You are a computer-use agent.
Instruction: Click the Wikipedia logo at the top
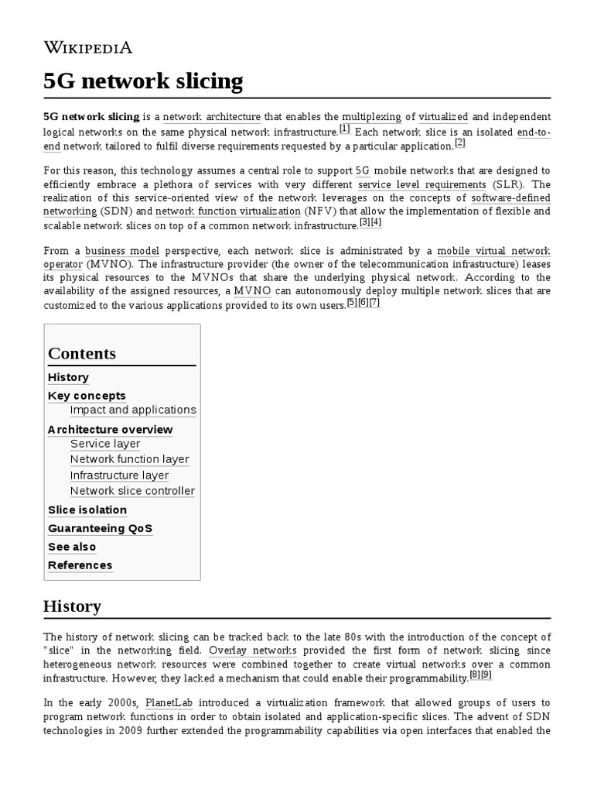(x=87, y=48)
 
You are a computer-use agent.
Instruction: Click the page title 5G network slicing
(x=143, y=81)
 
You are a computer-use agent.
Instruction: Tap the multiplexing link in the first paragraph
(x=371, y=116)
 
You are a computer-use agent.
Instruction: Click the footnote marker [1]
(x=345, y=129)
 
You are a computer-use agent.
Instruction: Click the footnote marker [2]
(x=459, y=142)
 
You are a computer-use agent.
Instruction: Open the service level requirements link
(x=422, y=184)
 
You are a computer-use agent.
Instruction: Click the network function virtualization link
(x=227, y=211)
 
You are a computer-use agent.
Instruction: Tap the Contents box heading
(x=82, y=354)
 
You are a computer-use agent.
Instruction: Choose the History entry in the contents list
(x=68, y=377)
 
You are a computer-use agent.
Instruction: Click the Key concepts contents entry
(x=87, y=396)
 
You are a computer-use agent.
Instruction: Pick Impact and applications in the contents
(x=133, y=410)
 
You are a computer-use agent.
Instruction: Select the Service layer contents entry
(x=105, y=444)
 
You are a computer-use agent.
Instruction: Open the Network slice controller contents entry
(x=132, y=491)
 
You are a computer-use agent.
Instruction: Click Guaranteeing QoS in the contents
(x=100, y=528)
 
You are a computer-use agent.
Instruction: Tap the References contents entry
(x=80, y=565)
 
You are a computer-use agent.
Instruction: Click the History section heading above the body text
(x=72, y=606)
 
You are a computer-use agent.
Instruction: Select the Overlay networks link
(x=252, y=651)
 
